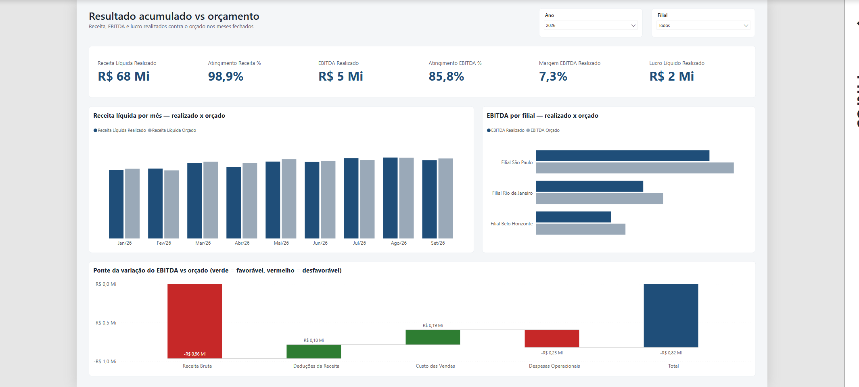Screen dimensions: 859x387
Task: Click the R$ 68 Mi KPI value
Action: click(x=123, y=76)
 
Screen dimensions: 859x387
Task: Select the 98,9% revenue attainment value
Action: click(x=226, y=76)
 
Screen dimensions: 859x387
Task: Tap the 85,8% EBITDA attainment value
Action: click(x=446, y=76)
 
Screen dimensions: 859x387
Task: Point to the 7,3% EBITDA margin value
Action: click(x=553, y=76)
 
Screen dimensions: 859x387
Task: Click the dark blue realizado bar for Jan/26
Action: click(x=116, y=204)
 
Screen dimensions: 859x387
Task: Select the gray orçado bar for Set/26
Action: click(x=445, y=198)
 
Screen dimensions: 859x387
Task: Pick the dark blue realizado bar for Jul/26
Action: click(x=351, y=198)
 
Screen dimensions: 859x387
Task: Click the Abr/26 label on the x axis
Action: click(x=242, y=243)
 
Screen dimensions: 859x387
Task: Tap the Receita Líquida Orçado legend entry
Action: click(x=172, y=130)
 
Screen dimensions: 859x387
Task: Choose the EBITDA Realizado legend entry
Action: click(x=506, y=130)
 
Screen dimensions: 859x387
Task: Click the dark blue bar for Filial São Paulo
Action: click(x=623, y=156)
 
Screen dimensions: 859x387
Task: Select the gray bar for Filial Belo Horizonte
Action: click(x=581, y=229)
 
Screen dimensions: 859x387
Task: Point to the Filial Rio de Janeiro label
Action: click(x=512, y=193)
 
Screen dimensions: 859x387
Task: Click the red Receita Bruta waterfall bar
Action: click(x=194, y=321)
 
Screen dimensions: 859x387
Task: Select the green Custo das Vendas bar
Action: click(x=433, y=337)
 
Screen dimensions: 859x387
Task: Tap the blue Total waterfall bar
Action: click(x=671, y=315)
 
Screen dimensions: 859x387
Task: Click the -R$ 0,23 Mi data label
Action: click(x=552, y=353)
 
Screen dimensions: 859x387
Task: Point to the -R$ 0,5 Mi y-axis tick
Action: click(x=105, y=323)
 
